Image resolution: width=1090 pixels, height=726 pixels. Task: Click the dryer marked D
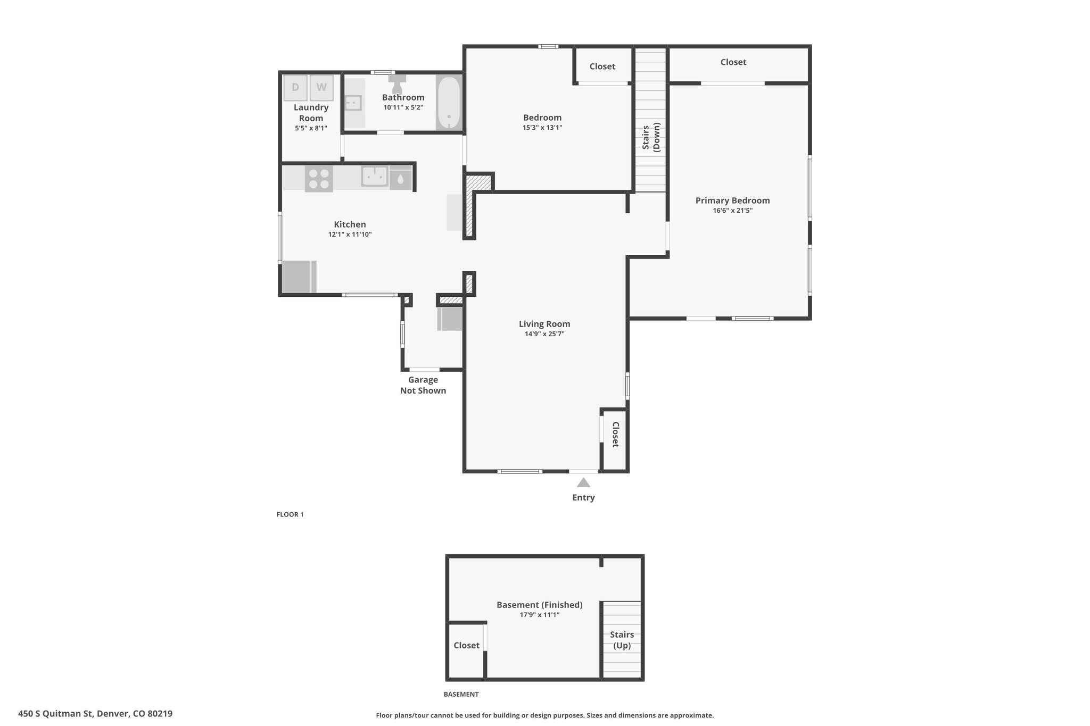point(295,88)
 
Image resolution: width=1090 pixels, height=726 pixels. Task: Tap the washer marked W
point(321,88)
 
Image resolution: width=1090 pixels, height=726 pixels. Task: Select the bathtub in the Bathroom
point(449,103)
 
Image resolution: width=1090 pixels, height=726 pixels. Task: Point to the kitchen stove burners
point(319,179)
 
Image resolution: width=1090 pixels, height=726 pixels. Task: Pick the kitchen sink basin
point(375,176)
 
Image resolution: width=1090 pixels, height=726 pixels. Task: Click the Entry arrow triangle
point(583,482)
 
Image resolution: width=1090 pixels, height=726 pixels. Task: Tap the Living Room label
point(544,324)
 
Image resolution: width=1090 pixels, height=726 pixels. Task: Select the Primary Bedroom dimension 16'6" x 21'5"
point(733,211)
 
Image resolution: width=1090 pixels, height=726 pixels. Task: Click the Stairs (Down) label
point(651,137)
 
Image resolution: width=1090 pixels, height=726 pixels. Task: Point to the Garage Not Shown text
point(423,385)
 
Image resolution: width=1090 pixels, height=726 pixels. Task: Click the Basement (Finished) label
point(540,605)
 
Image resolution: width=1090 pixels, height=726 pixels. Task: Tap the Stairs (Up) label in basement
point(622,640)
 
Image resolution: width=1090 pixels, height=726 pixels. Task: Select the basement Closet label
point(467,645)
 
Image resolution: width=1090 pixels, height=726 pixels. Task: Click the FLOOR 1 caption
point(290,514)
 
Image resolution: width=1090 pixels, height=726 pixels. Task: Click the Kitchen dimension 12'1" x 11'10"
point(350,235)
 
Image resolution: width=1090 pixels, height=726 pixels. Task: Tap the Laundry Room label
point(311,113)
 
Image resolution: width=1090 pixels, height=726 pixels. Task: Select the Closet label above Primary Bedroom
point(733,62)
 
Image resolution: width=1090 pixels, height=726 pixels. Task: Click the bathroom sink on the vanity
point(353,102)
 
